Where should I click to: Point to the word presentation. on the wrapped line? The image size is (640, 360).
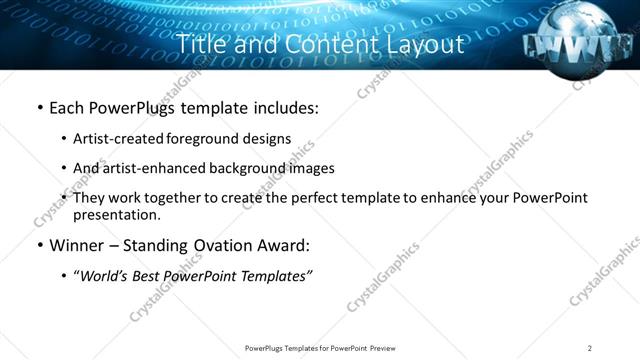click(x=116, y=214)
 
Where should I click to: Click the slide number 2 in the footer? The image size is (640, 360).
click(x=590, y=348)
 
